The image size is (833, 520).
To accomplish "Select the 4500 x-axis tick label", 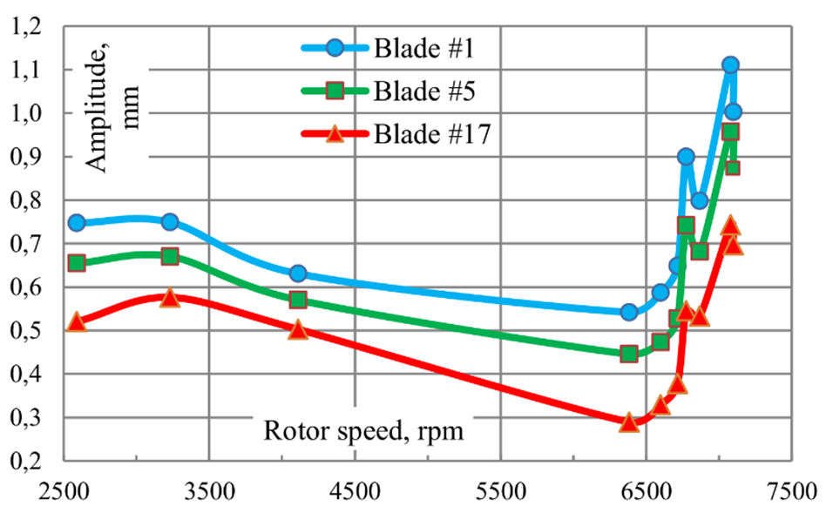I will [x=355, y=491].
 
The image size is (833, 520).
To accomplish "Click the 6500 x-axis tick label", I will [x=646, y=491].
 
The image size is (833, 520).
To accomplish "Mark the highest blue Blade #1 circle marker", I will [x=730, y=64].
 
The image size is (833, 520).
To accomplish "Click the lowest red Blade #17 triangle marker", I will [x=629, y=422].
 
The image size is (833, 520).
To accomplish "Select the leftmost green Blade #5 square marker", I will [x=77, y=262].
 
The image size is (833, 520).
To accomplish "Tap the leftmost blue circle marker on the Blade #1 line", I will [x=77, y=222].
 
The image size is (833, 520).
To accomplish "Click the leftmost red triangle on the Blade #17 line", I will [x=77, y=322].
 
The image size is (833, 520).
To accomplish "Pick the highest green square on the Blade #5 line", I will [x=730, y=132].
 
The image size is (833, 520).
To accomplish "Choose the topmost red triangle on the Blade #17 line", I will [x=730, y=226].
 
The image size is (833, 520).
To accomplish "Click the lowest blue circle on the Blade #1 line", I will [x=629, y=312].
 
